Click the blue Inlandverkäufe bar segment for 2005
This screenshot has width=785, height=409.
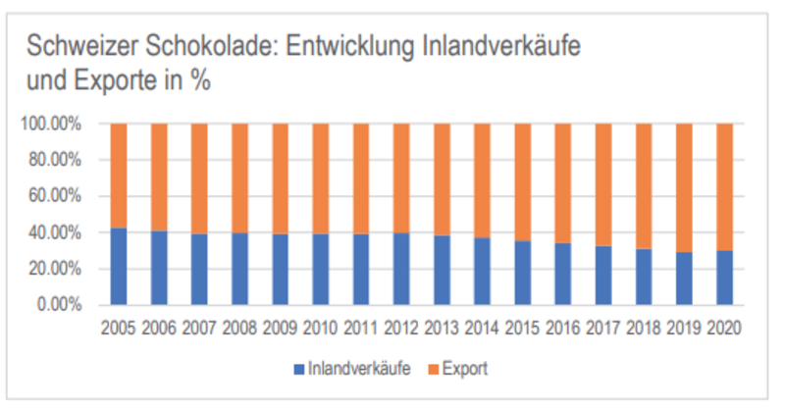(119, 266)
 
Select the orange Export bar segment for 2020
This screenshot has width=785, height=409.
(723, 186)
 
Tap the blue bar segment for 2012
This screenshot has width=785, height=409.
(400, 269)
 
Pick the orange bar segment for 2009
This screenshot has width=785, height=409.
(280, 179)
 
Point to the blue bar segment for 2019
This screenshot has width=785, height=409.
(683, 279)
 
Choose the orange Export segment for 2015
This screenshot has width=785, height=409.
(521, 182)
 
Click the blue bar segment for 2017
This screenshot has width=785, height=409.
(602, 276)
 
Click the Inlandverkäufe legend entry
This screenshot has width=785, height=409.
(343, 369)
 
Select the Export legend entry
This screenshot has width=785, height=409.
(464, 369)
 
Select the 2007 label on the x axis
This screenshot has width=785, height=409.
(199, 326)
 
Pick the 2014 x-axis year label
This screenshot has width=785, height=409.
(481, 326)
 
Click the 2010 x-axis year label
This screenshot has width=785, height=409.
(320, 326)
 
